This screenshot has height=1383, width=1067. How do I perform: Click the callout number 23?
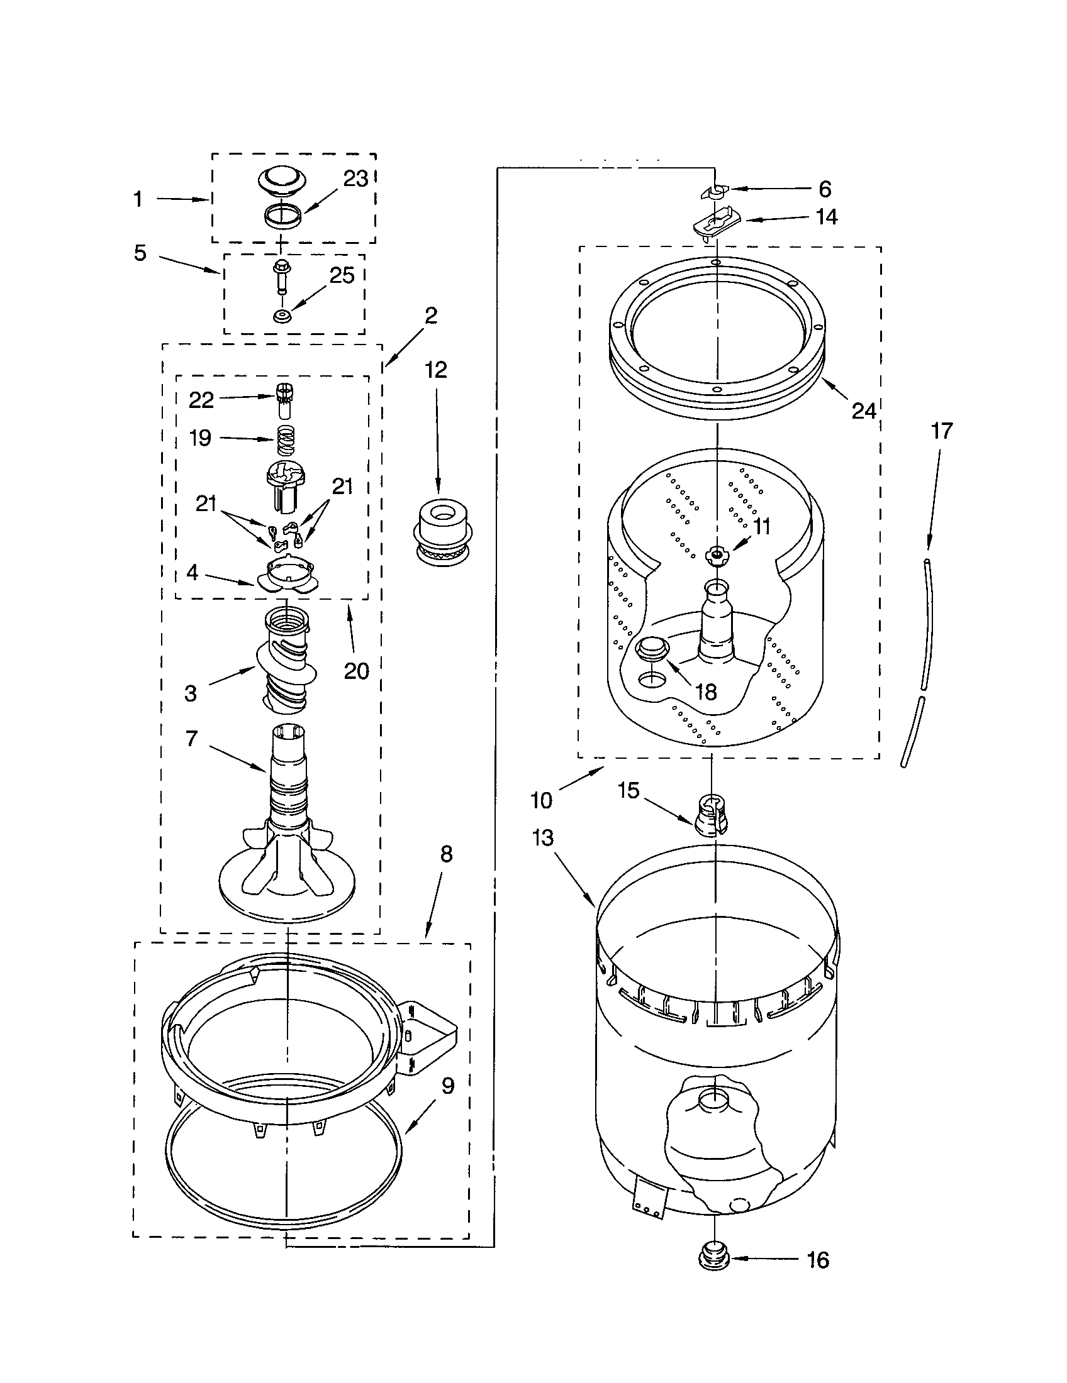click(x=355, y=179)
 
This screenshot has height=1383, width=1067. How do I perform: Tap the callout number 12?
click(x=436, y=370)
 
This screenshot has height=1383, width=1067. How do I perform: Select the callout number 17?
click(x=942, y=431)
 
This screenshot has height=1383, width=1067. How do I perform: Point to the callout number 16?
click(x=818, y=1260)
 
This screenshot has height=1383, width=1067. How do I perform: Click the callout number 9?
click(x=447, y=1086)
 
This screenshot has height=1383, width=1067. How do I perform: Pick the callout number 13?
click(x=543, y=838)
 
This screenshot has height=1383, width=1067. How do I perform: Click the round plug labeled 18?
click(x=652, y=647)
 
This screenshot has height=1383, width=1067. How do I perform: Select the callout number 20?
click(x=356, y=671)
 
